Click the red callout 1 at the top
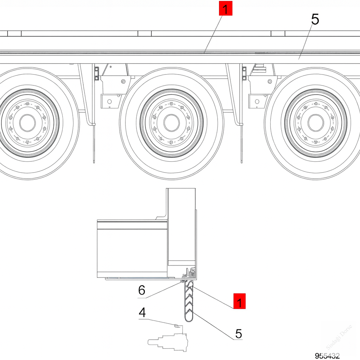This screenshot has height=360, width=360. [226, 8]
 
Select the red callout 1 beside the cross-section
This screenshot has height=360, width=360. [239, 301]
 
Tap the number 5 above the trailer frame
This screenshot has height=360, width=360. [315, 20]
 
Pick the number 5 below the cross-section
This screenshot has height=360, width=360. [239, 333]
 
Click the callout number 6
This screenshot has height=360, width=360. [142, 290]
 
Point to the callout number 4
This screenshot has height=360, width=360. [142, 312]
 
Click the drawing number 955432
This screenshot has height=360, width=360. [327, 356]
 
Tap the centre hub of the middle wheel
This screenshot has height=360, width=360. [171, 122]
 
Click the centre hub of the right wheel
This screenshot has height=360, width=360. [316, 122]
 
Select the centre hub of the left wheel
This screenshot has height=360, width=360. [27, 122]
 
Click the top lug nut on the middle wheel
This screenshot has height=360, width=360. [171, 103]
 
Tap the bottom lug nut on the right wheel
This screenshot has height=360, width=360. [316, 142]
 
